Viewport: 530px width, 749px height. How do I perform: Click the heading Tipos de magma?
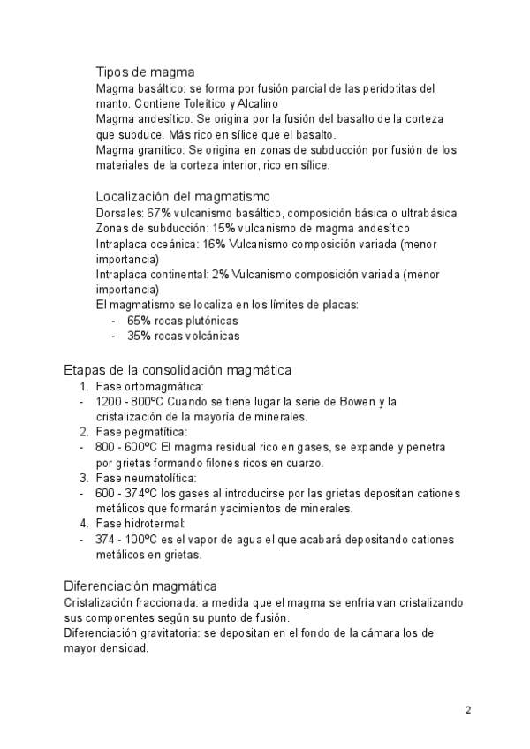click(145, 72)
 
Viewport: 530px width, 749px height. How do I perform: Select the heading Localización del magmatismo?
click(182, 196)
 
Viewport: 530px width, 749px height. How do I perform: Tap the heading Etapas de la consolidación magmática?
click(178, 369)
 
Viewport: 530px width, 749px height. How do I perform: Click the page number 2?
click(468, 710)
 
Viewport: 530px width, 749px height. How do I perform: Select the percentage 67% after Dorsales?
click(158, 213)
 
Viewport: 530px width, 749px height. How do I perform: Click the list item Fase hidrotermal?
click(140, 525)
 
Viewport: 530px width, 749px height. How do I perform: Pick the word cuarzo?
click(304, 463)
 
